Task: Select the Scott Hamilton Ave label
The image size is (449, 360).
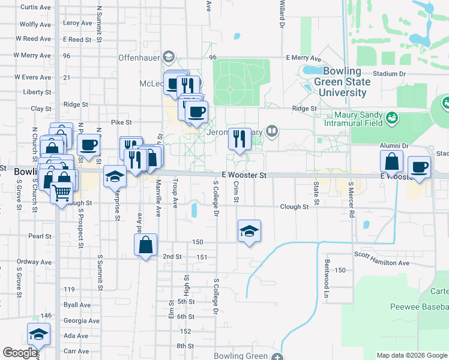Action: pos(381,263)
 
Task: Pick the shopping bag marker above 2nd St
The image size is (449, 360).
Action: pos(146,245)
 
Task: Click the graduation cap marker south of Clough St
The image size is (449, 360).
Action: pos(250,231)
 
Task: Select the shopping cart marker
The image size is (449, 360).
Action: pos(61,193)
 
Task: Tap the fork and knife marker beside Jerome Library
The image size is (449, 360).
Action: pos(240,139)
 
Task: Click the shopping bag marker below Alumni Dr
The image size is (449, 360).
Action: pos(391,162)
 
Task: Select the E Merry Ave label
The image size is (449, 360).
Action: pos(304,58)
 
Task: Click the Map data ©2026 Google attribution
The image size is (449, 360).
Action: pos(411,355)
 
